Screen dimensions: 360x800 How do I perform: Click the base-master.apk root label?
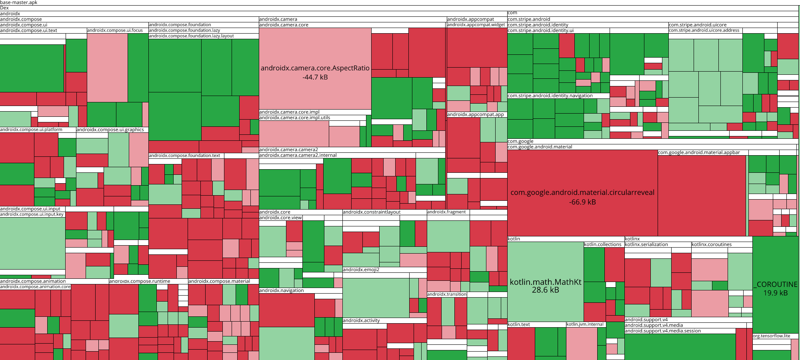19,2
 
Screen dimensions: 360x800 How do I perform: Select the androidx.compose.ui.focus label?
115,30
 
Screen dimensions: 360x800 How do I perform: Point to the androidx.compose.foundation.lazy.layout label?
191,36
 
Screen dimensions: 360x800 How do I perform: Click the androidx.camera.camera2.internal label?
298,155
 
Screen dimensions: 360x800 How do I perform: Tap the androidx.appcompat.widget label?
476,25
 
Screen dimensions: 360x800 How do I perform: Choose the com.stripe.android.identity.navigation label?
550,96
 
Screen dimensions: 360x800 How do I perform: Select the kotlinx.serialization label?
646,244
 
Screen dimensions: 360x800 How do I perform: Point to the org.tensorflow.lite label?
772,336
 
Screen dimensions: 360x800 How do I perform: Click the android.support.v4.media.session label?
663,331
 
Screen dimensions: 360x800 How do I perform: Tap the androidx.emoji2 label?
361,270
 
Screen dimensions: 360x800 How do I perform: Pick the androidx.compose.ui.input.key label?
32,214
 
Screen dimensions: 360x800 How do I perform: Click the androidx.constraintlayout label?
372,212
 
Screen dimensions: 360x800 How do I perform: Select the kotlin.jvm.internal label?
585,324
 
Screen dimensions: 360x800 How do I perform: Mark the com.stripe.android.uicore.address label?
704,30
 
